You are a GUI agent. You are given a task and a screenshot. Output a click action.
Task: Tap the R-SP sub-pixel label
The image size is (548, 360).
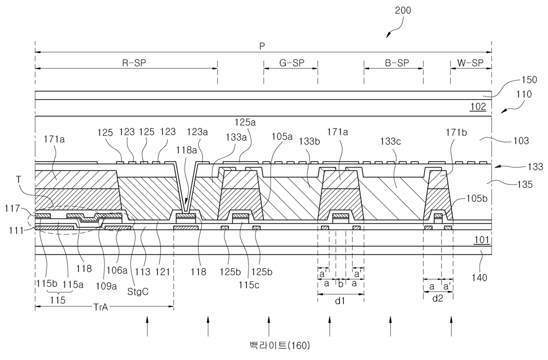[133, 63]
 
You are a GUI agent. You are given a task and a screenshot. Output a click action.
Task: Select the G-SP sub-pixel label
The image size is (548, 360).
[292, 63]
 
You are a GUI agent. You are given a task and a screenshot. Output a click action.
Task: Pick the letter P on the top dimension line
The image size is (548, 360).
[263, 46]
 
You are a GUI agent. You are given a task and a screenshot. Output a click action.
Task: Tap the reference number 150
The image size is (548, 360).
[529, 80]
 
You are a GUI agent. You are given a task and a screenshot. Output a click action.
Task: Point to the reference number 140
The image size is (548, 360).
[479, 278]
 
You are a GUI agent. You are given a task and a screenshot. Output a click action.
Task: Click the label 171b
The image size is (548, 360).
[457, 131]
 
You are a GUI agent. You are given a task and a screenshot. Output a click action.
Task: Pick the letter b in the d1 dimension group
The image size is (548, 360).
[340, 283]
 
